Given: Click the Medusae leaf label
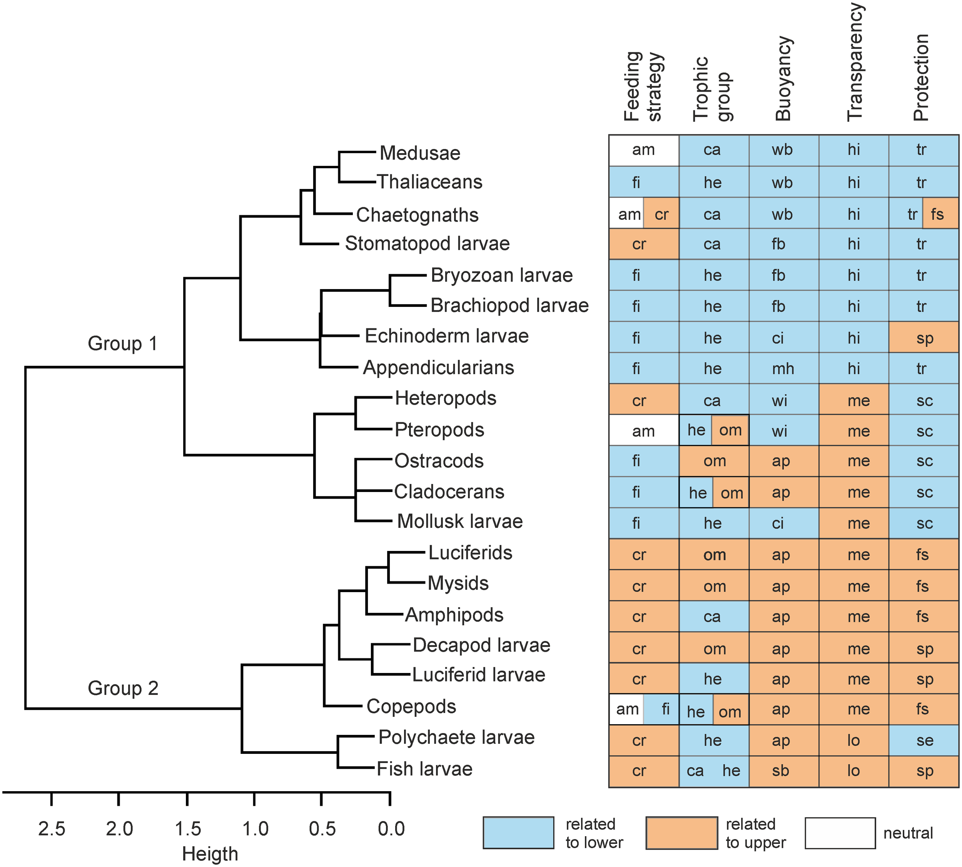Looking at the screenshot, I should click(x=419, y=153).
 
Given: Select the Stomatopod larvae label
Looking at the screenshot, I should click(x=427, y=243).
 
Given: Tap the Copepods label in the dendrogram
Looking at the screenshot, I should click(x=411, y=706).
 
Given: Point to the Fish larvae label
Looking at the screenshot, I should click(x=424, y=769).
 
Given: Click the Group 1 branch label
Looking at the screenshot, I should click(x=122, y=343).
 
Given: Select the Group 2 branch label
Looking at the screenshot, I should click(x=123, y=688).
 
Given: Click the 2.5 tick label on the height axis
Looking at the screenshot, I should click(x=52, y=829).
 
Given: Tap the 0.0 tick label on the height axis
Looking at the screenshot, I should click(x=391, y=829).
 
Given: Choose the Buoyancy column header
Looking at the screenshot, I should click(x=783, y=79).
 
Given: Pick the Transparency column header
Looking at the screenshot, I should click(x=855, y=62).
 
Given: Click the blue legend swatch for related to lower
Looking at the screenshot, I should click(x=518, y=833).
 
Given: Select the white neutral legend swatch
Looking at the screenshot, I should click(x=840, y=833).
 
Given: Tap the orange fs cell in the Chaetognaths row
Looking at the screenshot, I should click(x=940, y=214).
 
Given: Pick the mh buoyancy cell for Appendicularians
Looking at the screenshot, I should click(x=783, y=368).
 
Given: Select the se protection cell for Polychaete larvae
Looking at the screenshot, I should click(x=924, y=740).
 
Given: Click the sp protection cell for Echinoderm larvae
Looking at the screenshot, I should click(x=924, y=338).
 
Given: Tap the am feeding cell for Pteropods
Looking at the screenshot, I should click(x=643, y=431).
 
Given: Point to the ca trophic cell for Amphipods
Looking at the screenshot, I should click(x=713, y=616).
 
